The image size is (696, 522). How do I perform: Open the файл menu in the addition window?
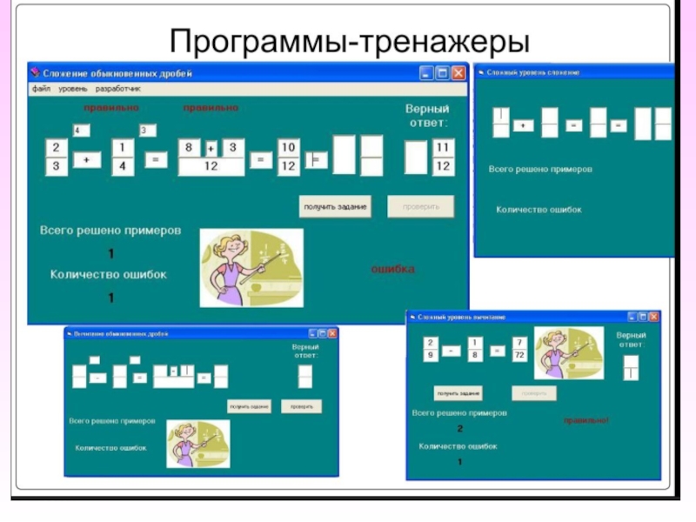tap(42, 89)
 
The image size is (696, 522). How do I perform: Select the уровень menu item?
tap(73, 89)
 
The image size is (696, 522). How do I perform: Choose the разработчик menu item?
tap(118, 89)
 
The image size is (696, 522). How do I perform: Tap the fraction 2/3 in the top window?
tap(57, 157)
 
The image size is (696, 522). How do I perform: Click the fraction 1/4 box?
tap(123, 157)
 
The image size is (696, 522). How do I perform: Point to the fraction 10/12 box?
tap(289, 157)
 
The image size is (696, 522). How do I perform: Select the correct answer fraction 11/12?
tap(443, 157)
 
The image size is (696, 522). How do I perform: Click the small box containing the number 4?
tap(78, 130)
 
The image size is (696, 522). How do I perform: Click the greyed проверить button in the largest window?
tap(421, 206)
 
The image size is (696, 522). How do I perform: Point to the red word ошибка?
tap(393, 269)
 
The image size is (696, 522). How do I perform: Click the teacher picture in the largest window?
tap(251, 267)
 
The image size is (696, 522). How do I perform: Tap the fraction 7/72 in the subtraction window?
tap(519, 350)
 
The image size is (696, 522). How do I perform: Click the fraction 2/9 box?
tap(432, 350)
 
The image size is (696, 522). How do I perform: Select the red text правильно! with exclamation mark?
tap(586, 420)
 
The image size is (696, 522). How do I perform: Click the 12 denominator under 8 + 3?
tap(211, 166)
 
